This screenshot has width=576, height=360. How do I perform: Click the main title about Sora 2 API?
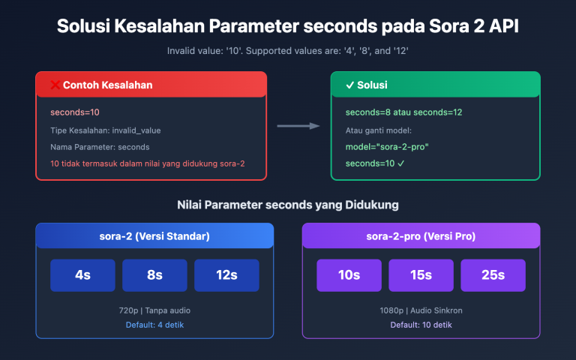[x=288, y=26]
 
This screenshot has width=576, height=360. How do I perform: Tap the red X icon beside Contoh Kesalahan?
[x=55, y=85]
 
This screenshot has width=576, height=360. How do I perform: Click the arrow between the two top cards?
[x=298, y=126]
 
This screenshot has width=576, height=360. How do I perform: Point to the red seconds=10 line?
[x=75, y=112]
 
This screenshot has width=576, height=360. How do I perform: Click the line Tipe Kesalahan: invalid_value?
[x=106, y=130]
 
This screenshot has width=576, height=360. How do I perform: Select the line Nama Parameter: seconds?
[x=100, y=146]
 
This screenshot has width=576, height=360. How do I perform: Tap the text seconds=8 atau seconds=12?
[x=403, y=112]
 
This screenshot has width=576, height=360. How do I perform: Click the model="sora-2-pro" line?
[x=387, y=146]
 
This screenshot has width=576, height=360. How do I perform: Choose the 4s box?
[x=82, y=275]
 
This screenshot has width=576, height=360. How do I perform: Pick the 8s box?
[x=154, y=275]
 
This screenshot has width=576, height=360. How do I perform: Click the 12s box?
[x=226, y=275]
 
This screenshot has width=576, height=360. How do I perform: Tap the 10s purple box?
[x=349, y=275]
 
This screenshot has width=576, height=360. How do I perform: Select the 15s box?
[x=421, y=275]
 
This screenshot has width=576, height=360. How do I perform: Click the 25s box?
[x=493, y=275]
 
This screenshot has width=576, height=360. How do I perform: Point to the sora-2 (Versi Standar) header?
[x=154, y=236]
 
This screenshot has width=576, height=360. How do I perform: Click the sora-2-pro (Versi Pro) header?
[x=421, y=236]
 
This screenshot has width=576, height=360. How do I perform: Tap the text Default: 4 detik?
[x=154, y=325]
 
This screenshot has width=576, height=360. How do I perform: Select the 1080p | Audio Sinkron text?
[x=421, y=310]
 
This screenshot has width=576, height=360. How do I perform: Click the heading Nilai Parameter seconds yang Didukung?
[x=288, y=205]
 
